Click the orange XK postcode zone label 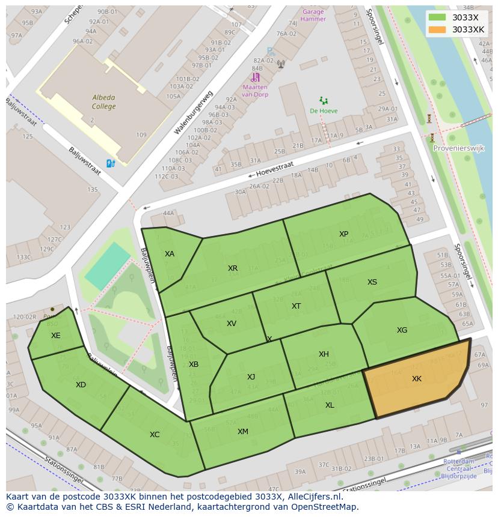point(417,379)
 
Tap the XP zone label point(343,234)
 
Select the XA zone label point(170,254)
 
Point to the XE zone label point(56,336)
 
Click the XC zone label point(155,434)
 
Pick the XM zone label point(242,432)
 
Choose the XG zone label point(402,330)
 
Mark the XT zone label point(296,306)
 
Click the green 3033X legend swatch point(437,18)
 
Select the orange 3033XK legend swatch point(437,29)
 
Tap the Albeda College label point(104,102)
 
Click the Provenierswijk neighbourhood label point(458,148)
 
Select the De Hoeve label point(324,110)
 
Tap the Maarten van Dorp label point(255,91)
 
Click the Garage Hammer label point(313,15)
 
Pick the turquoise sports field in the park point(108,266)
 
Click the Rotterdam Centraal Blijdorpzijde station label point(459,468)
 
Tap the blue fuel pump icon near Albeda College point(110,163)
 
